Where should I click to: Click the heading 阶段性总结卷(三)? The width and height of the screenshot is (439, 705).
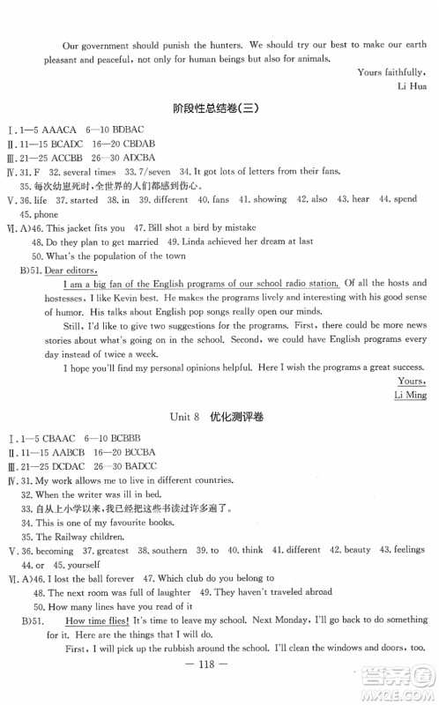point(219,109)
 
